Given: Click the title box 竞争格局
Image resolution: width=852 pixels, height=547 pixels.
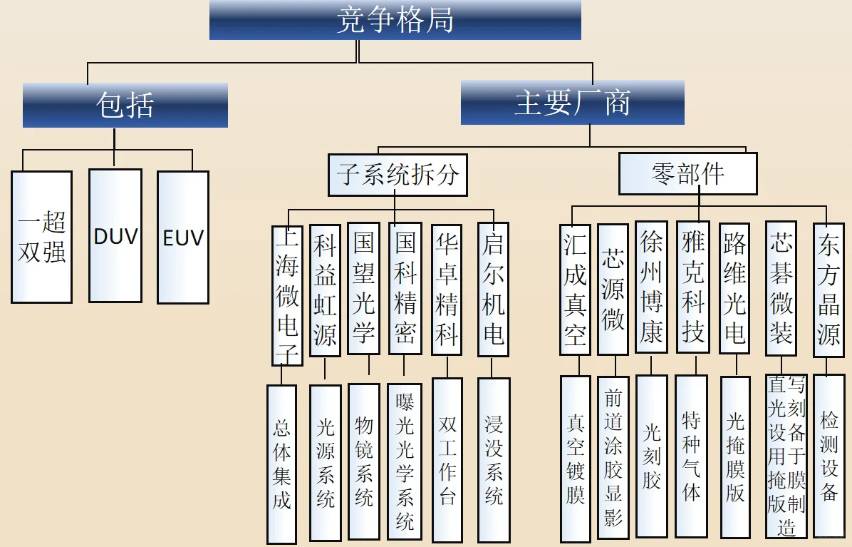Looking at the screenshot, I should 395,20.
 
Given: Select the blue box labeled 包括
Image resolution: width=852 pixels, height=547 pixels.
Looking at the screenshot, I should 125,105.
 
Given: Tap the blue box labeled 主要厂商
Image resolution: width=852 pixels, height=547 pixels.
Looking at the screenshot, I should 572,103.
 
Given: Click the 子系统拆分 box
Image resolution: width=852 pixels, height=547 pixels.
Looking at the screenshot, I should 398,175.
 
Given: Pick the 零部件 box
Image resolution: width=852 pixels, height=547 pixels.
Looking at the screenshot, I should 687,173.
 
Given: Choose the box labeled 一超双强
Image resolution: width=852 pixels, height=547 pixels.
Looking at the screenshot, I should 41,237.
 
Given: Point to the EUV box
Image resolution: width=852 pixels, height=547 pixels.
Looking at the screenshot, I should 183,237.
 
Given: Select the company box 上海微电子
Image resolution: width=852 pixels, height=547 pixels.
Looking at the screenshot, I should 287,295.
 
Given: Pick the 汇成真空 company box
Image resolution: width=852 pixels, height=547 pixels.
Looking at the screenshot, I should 575,290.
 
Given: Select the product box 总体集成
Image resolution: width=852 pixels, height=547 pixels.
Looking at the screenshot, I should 281,464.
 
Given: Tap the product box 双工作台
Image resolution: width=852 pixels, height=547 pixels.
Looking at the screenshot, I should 447,461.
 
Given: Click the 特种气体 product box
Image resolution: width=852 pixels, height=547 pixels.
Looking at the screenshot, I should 691,456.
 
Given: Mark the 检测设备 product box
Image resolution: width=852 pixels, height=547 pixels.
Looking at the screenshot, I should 828,456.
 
